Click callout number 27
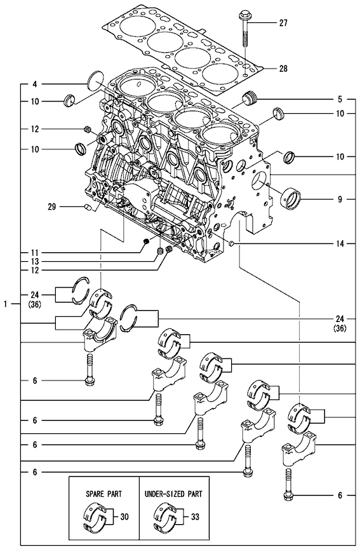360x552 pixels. [x=283, y=24]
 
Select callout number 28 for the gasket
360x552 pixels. [x=283, y=69]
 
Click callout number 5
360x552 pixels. [x=340, y=100]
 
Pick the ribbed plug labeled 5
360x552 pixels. [x=251, y=97]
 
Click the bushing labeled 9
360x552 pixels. [x=291, y=199]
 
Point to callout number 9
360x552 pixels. [x=340, y=199]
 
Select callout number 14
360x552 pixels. [x=340, y=244]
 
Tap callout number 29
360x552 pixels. [x=51, y=206]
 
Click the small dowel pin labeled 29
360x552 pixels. [x=88, y=207]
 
